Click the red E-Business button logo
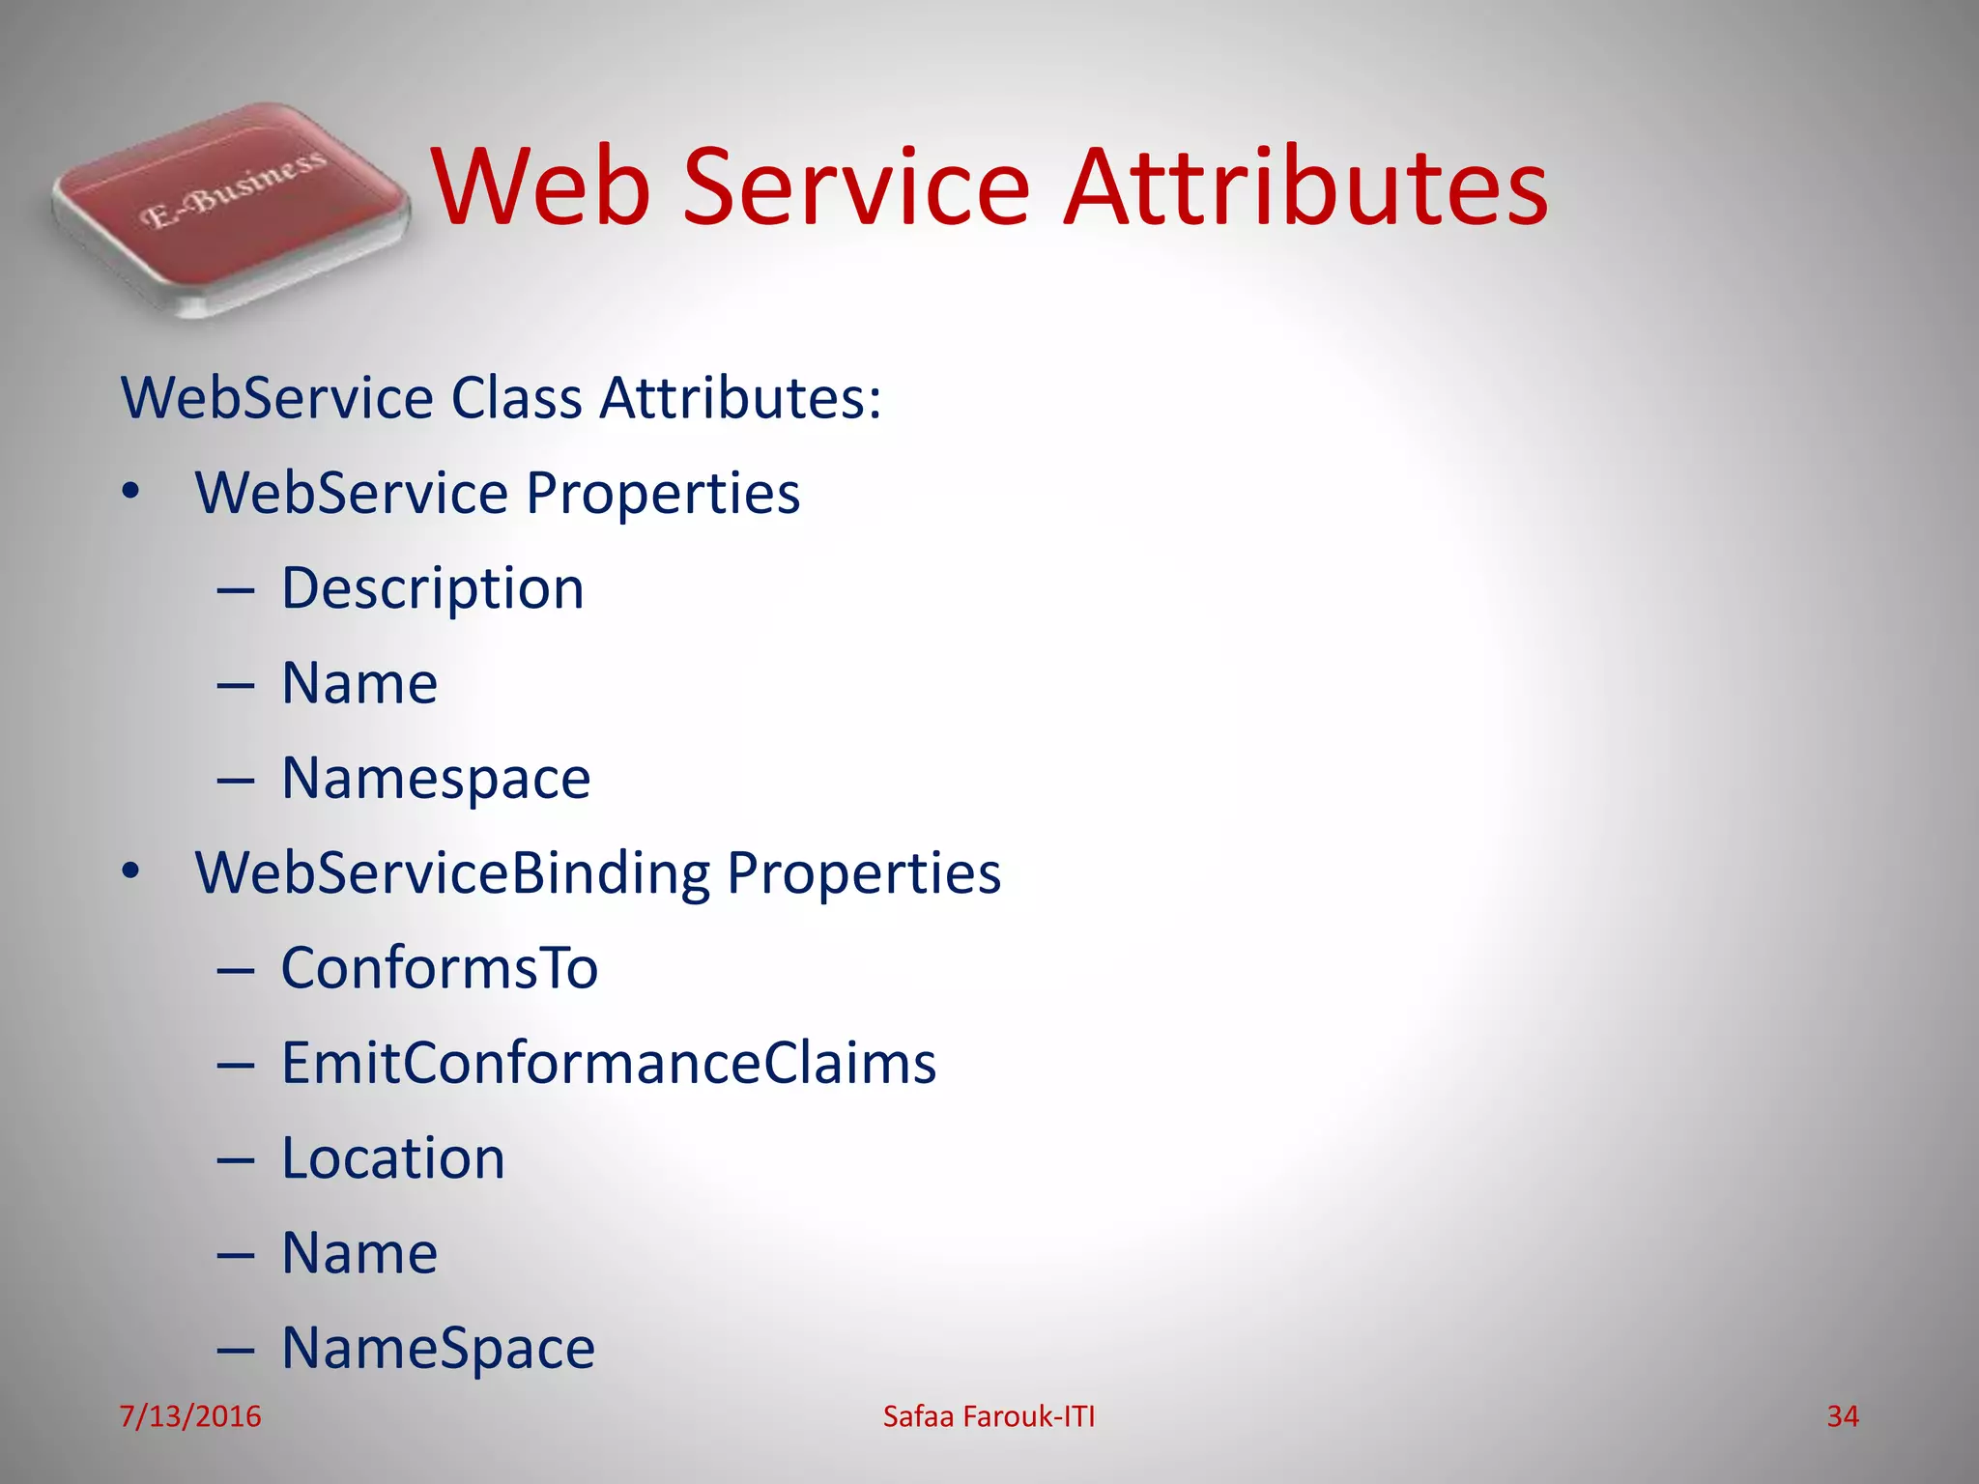click(x=230, y=208)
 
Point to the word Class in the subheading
click(x=516, y=397)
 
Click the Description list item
click(x=432, y=588)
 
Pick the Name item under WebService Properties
click(x=359, y=683)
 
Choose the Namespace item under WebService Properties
click(x=436, y=779)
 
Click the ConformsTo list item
click(x=440, y=968)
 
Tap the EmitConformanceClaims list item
click(x=609, y=1063)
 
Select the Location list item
click(x=393, y=1158)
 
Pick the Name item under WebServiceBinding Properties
click(x=359, y=1253)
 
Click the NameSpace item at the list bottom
click(x=438, y=1349)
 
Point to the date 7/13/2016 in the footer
click(x=190, y=1416)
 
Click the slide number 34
click(x=1843, y=1416)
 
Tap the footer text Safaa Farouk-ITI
click(x=989, y=1416)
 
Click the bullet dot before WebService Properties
click(x=131, y=493)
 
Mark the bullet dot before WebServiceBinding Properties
click(x=131, y=872)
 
